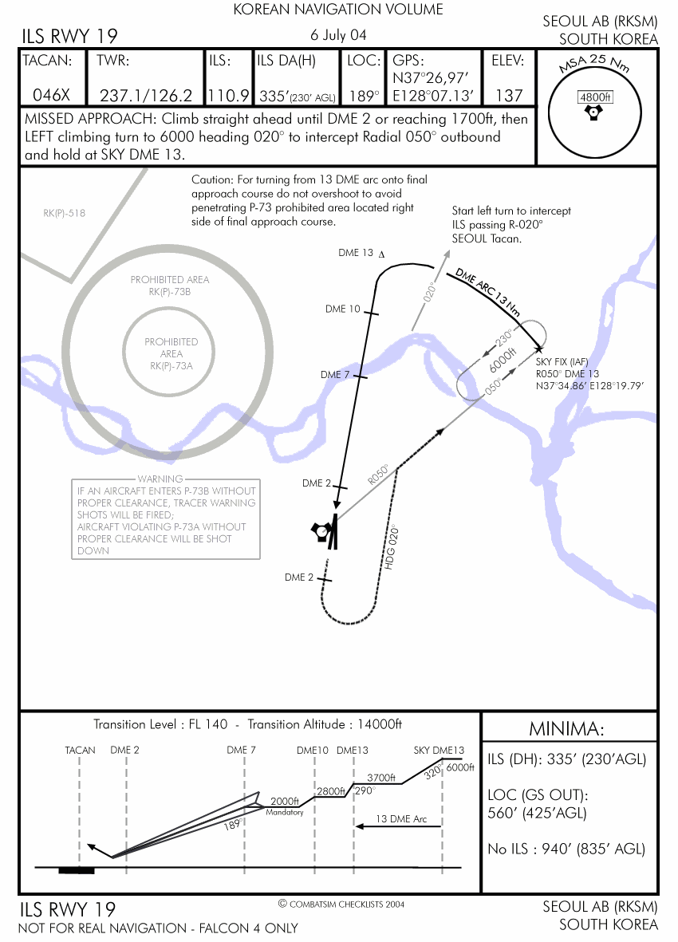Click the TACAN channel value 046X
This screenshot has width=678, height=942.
[51, 95]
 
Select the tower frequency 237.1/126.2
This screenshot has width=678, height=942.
[145, 96]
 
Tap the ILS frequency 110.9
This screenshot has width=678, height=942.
[228, 96]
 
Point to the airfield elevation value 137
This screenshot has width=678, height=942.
[508, 96]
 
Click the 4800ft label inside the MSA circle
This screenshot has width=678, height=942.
[594, 97]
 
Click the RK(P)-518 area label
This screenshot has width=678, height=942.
[65, 213]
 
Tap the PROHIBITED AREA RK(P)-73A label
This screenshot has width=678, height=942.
[171, 353]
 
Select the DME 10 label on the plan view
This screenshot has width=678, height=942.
[343, 309]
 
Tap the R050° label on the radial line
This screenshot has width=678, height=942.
[379, 475]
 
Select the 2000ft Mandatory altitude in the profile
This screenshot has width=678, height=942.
[284, 802]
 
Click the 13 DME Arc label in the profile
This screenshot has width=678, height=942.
[400, 819]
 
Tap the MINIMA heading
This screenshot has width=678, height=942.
[568, 729]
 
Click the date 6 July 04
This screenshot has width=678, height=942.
[339, 35]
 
